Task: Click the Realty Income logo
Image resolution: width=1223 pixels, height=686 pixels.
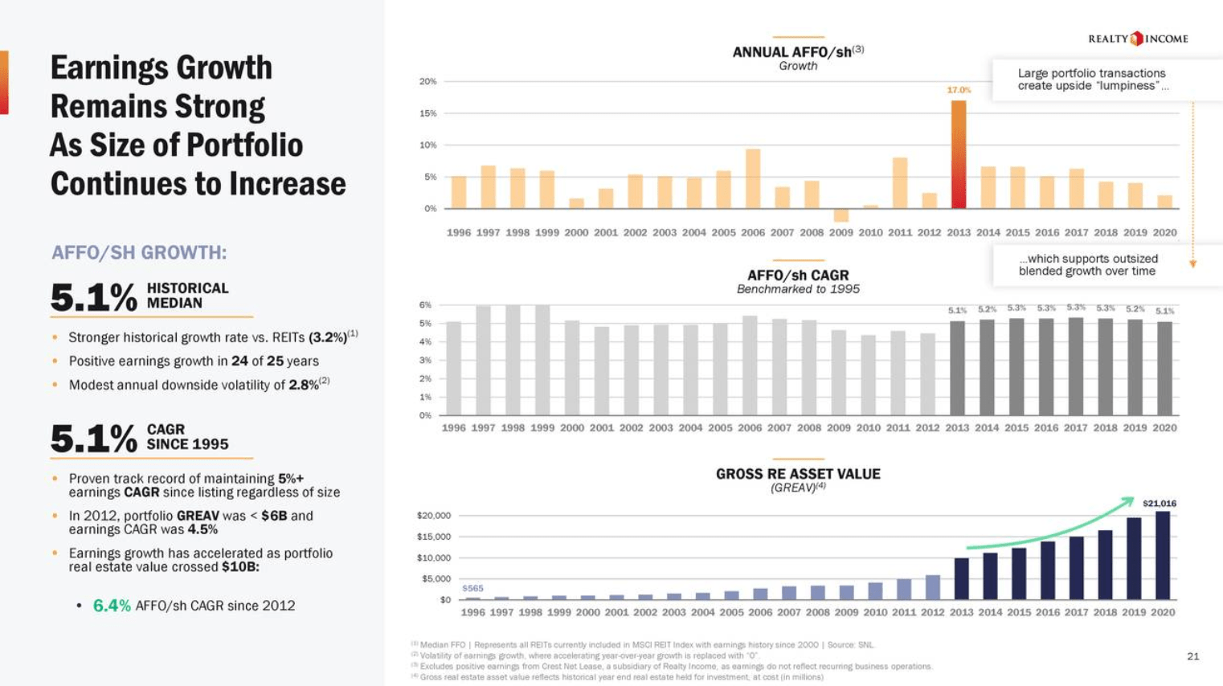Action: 1137,39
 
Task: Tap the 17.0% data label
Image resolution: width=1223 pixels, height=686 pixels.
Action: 958,90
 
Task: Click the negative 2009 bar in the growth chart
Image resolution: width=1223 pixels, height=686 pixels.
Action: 841,215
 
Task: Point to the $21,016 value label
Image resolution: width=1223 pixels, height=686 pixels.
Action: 1159,504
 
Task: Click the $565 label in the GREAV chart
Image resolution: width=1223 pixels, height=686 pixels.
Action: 472,588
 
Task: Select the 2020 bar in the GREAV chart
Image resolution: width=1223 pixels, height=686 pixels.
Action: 1162,555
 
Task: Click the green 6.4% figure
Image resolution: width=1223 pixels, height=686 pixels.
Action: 112,606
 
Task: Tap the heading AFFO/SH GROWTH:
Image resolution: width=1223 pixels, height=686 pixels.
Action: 139,253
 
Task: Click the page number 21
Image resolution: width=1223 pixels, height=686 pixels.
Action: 1192,656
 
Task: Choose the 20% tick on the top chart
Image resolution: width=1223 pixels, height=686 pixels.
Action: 427,81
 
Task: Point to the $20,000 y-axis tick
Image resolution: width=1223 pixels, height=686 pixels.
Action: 433,516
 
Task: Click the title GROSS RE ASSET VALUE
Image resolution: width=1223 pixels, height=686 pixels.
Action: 798,474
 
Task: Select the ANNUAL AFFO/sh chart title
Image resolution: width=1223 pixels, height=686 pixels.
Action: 797,52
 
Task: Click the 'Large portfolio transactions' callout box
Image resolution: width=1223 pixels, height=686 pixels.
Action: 1091,80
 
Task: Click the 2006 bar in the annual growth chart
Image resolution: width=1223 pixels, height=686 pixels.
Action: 753,178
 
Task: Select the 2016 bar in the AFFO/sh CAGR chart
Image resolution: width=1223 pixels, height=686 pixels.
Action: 1046,366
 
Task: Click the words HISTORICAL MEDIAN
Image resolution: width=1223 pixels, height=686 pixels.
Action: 187,296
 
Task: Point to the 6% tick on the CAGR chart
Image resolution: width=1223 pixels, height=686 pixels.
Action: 425,305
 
